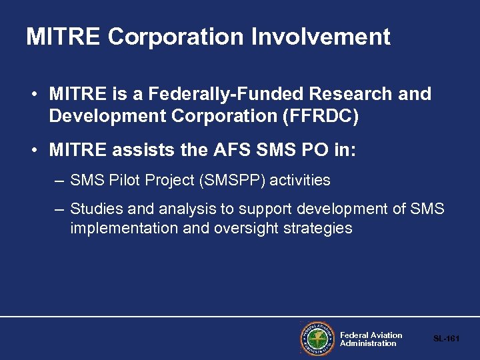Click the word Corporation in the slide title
[176, 37]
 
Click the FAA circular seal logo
[317, 339]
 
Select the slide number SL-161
[447, 339]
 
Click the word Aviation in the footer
[387, 335]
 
